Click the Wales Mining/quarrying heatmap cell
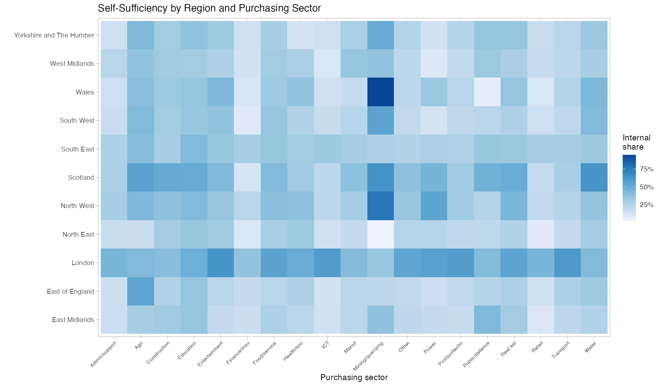point(381,92)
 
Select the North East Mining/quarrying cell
point(381,234)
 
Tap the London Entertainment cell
point(220,262)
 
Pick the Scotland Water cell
point(594,177)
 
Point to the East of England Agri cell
point(140,291)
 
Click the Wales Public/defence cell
point(487,92)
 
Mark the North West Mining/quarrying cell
point(381,205)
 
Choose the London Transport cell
point(567,262)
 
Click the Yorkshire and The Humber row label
point(54,35)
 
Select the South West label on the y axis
point(77,121)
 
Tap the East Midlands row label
point(73,320)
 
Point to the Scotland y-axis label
point(81,178)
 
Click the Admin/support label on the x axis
point(103,354)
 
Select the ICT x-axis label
point(325,345)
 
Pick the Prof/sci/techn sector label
point(451,353)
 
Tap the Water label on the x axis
point(590,347)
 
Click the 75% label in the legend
point(647,169)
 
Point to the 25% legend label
point(647,205)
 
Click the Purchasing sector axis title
point(354,378)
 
